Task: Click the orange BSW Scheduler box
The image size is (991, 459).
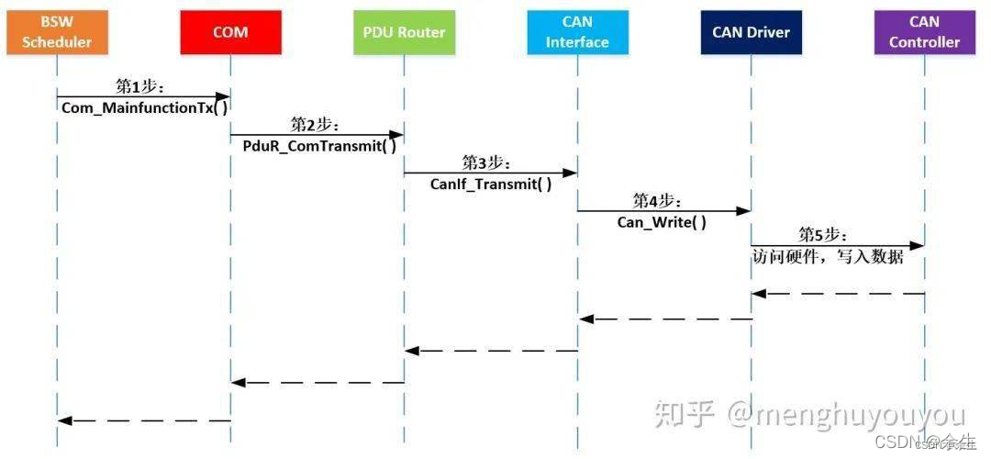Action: tap(57, 32)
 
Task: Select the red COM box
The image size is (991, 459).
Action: tap(230, 32)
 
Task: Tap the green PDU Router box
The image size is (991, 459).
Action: tap(404, 32)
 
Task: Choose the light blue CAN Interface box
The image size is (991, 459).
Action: tap(577, 32)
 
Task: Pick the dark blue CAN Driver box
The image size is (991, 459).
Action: tap(751, 32)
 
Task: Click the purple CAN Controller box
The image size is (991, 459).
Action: tap(923, 32)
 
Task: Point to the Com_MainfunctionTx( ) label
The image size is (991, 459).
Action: tap(144, 107)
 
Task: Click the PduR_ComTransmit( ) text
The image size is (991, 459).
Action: tap(319, 146)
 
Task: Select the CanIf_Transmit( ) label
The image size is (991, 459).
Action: tap(491, 184)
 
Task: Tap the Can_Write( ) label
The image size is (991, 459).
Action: tap(662, 222)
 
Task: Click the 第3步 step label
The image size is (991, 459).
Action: tap(486, 162)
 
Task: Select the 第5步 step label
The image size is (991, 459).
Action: tap(822, 235)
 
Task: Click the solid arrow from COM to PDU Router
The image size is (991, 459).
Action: tap(317, 134)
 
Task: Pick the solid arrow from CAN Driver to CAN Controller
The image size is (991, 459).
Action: tap(837, 245)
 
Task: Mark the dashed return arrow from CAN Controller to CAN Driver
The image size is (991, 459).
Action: tap(837, 294)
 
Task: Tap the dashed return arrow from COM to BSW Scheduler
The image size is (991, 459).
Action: tap(144, 420)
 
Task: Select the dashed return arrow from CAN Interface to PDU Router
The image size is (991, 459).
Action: tap(491, 350)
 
